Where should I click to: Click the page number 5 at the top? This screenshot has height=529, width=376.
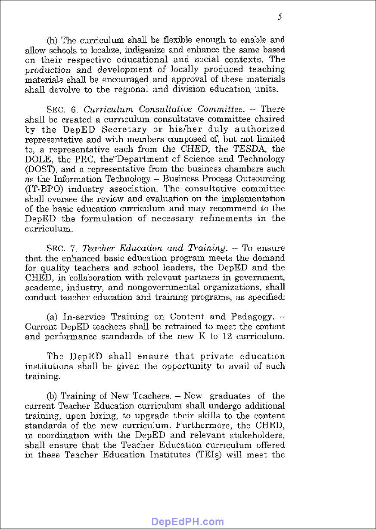[280, 17]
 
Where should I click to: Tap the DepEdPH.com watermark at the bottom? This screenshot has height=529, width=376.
[187, 522]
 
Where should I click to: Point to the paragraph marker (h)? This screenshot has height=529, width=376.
[52, 40]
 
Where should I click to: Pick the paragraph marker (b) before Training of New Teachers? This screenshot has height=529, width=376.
[52, 396]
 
